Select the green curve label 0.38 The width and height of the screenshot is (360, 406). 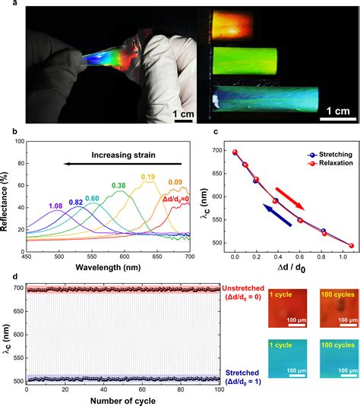[118, 185]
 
